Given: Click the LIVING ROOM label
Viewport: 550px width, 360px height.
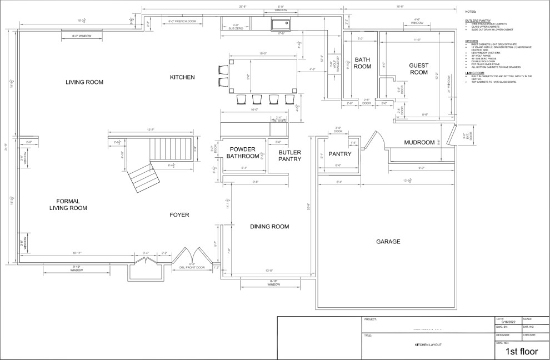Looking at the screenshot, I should click(85, 82).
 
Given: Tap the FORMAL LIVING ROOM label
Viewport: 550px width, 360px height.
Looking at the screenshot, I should click(72, 204).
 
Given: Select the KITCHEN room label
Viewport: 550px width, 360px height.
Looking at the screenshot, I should click(182, 77).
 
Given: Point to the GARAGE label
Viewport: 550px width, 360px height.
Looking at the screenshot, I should click(388, 242).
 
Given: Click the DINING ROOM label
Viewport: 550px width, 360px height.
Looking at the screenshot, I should click(269, 226).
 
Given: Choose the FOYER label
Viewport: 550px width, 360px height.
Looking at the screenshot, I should click(179, 214).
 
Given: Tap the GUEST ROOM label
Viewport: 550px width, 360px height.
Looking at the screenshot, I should click(418, 68).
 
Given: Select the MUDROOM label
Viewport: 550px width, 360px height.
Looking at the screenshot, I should click(419, 143).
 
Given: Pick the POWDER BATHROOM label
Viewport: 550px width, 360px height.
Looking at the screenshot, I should click(243, 153).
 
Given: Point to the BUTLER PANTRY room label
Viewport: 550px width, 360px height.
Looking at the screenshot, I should click(289, 156).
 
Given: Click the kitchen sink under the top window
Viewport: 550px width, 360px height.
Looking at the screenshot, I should click(281, 24).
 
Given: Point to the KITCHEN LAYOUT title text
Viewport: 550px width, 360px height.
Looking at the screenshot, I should click(428, 345).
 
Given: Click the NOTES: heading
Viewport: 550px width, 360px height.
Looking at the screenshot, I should click(471, 11).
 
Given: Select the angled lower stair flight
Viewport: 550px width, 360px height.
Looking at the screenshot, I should click(143, 176).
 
